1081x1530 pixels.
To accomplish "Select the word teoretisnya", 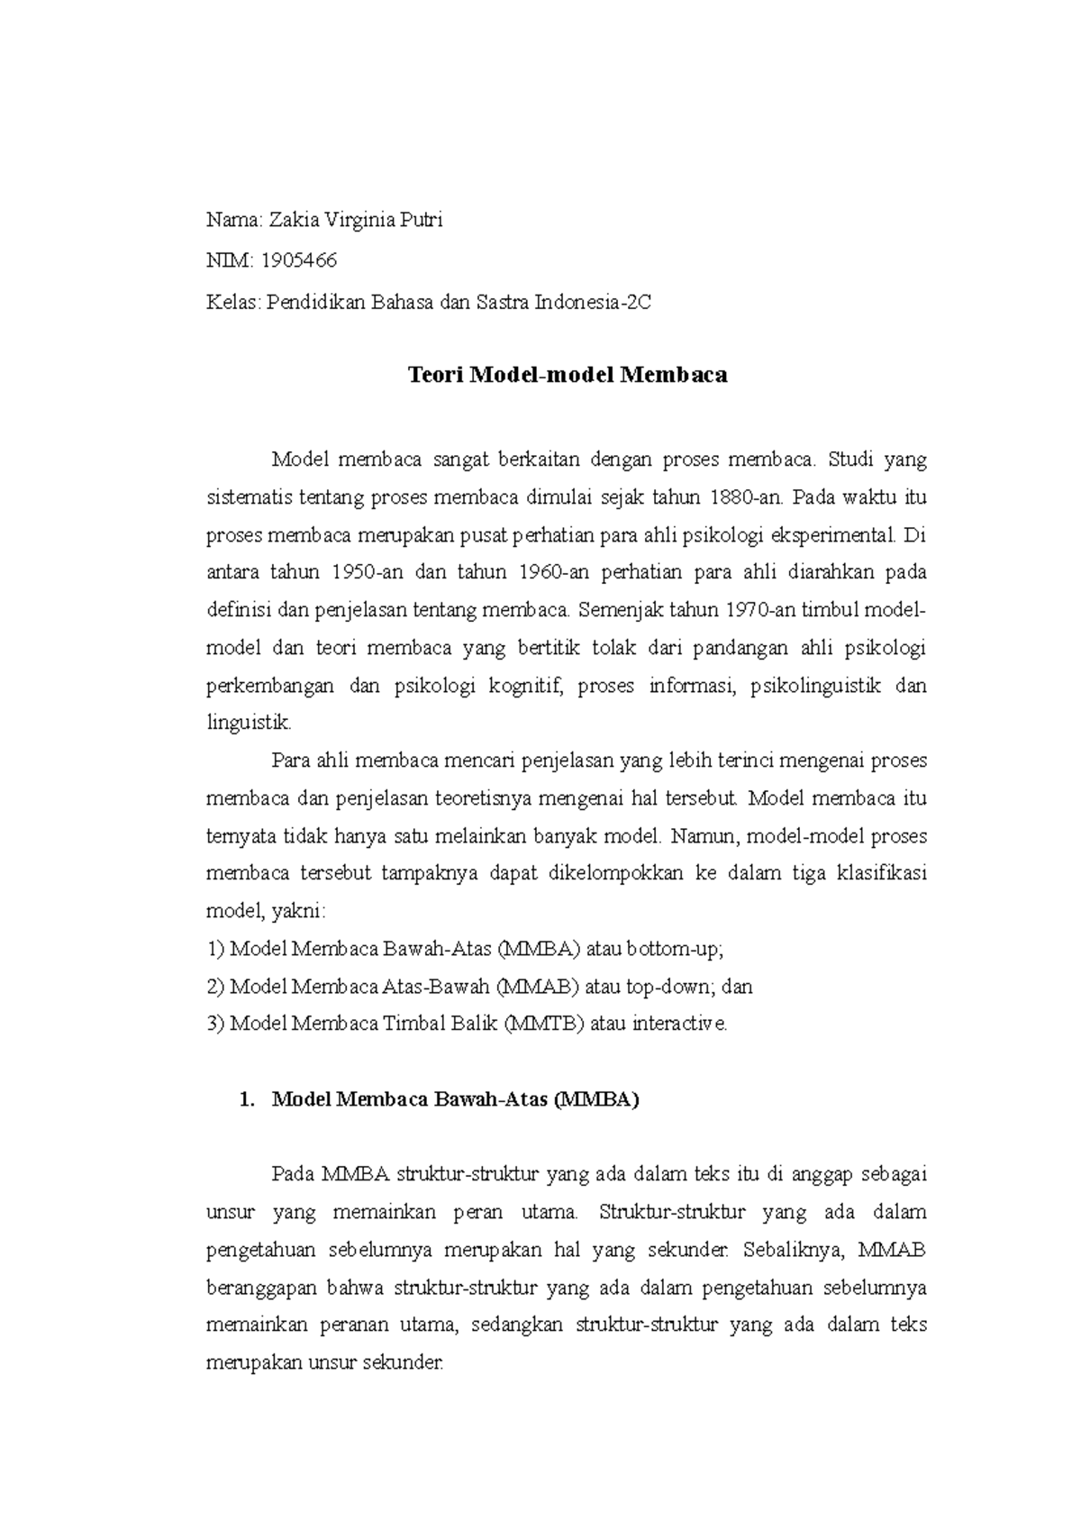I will tap(486, 798).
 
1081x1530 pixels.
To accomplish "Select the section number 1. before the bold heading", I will tap(241, 1099).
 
